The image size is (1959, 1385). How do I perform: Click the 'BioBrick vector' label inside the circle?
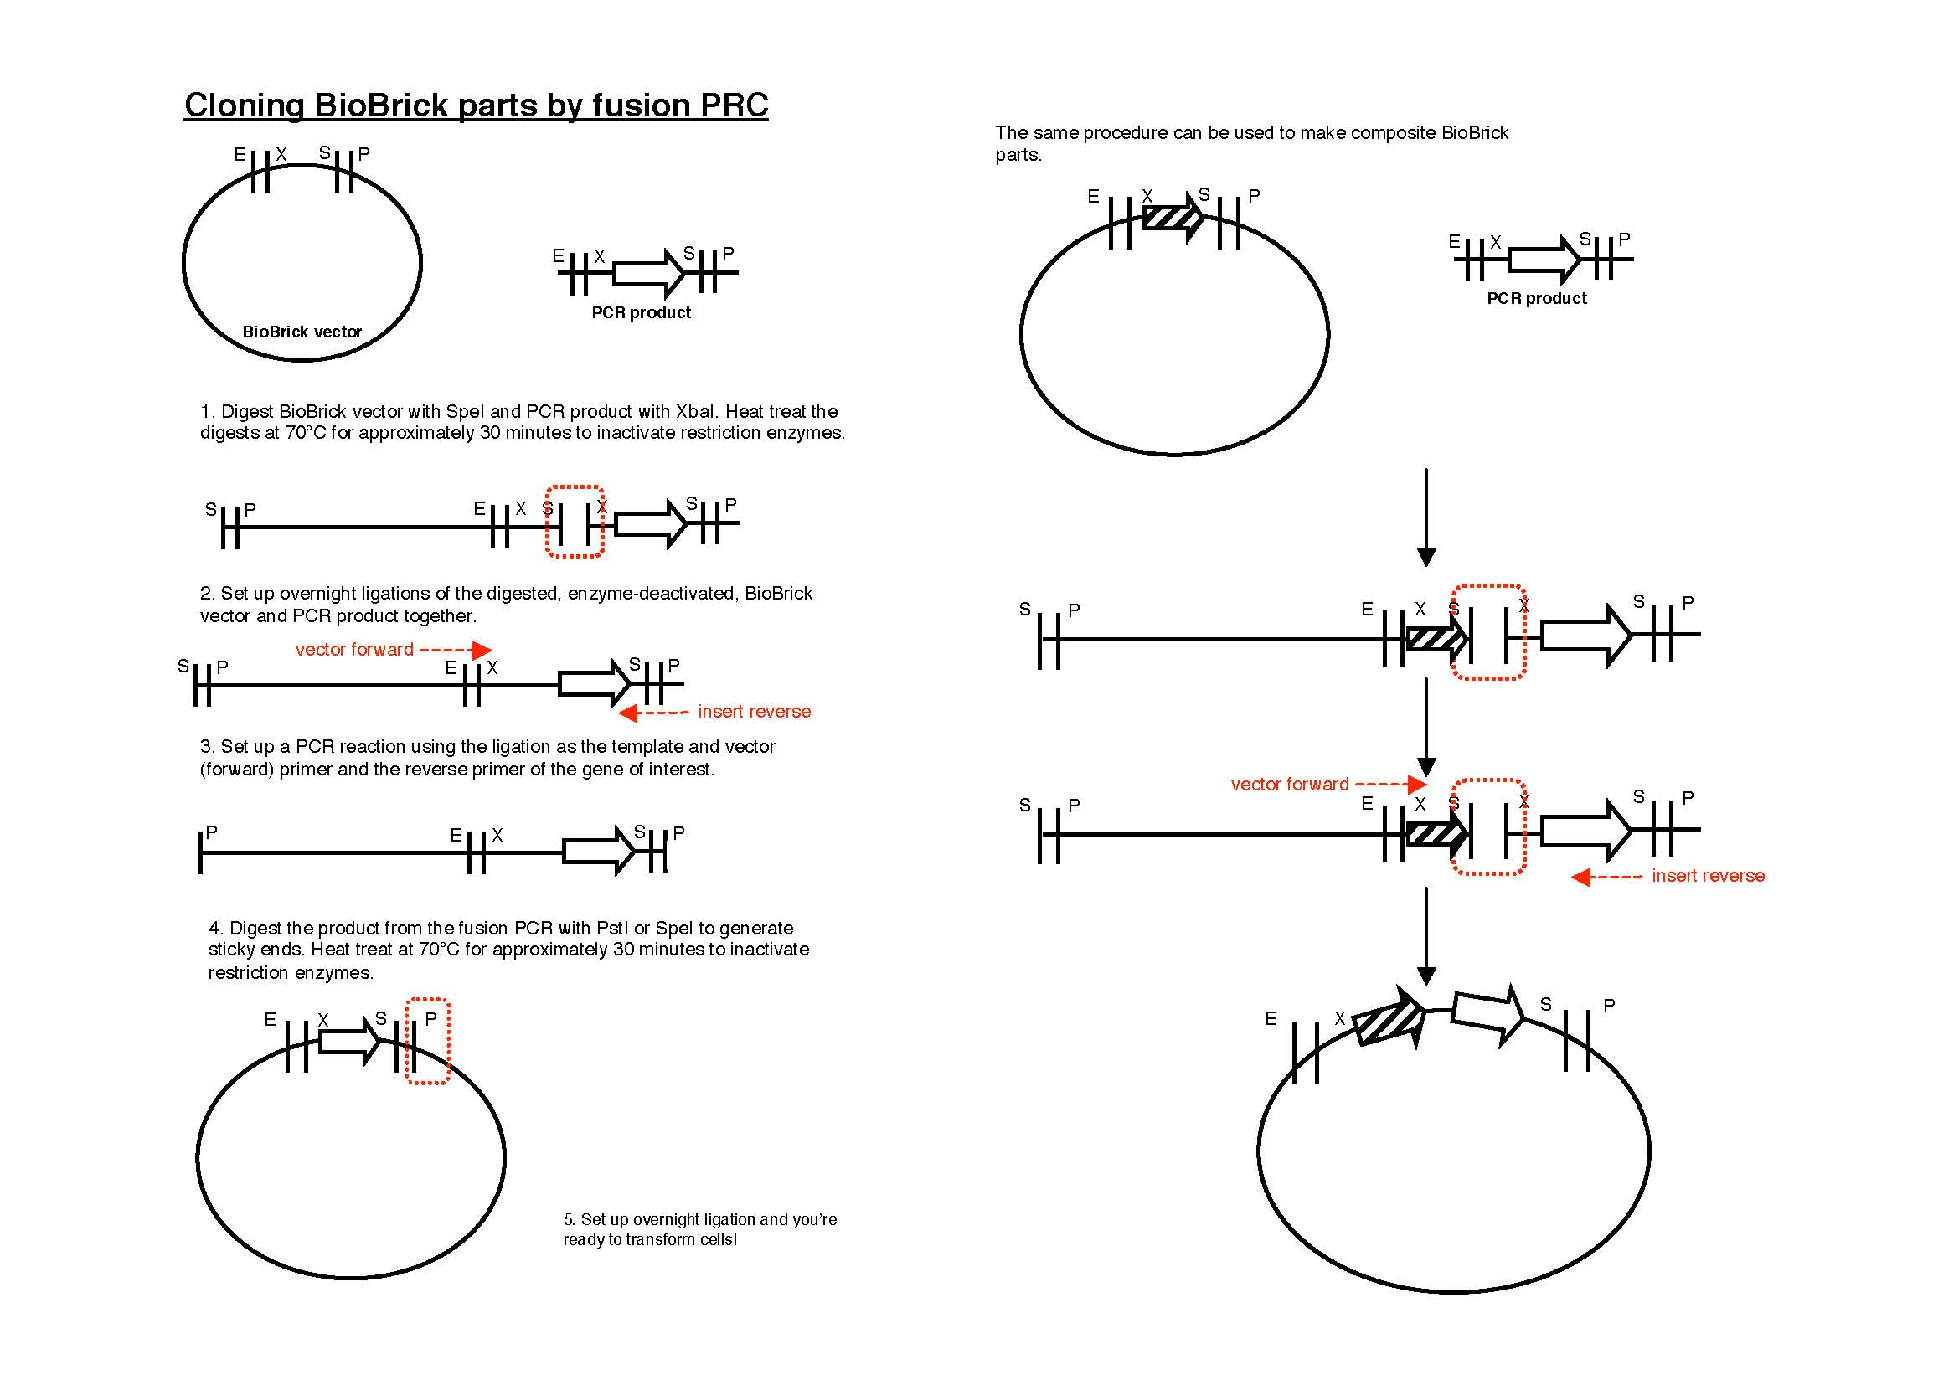(302, 332)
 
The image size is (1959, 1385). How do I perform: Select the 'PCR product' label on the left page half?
(641, 313)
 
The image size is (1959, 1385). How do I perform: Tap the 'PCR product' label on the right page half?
(1537, 298)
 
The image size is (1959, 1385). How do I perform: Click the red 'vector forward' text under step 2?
(354, 650)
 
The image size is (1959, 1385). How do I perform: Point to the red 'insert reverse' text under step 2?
(755, 712)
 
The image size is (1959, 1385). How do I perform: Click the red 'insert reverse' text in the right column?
(1708, 876)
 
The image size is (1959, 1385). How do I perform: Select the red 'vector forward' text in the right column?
(1289, 785)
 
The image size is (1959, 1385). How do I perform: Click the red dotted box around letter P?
(427, 1042)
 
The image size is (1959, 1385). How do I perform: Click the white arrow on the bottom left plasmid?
(349, 1042)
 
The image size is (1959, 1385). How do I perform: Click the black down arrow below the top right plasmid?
(1425, 517)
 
